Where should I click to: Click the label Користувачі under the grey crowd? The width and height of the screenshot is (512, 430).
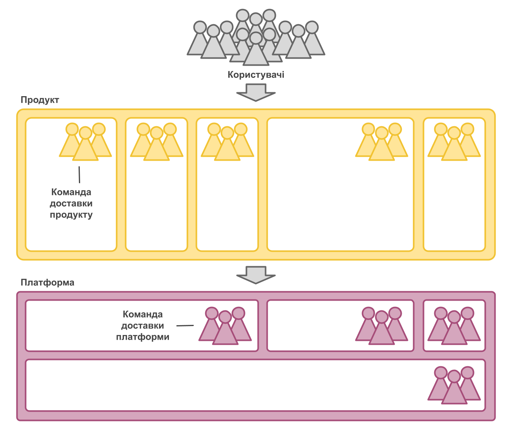(x=256, y=75)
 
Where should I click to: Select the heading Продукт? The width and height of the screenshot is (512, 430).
(x=40, y=100)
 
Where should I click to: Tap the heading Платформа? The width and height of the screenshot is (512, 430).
(x=47, y=282)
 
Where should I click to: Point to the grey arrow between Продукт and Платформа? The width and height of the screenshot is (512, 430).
(x=256, y=274)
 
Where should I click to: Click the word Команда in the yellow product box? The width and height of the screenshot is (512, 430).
(x=71, y=192)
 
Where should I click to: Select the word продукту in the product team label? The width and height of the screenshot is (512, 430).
(x=71, y=215)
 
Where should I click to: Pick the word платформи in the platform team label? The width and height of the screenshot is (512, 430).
(x=143, y=337)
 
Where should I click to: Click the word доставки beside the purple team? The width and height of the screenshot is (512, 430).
(x=143, y=326)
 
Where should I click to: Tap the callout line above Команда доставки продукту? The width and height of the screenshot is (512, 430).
(x=79, y=175)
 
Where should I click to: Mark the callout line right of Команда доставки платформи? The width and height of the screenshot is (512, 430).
(x=185, y=325)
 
